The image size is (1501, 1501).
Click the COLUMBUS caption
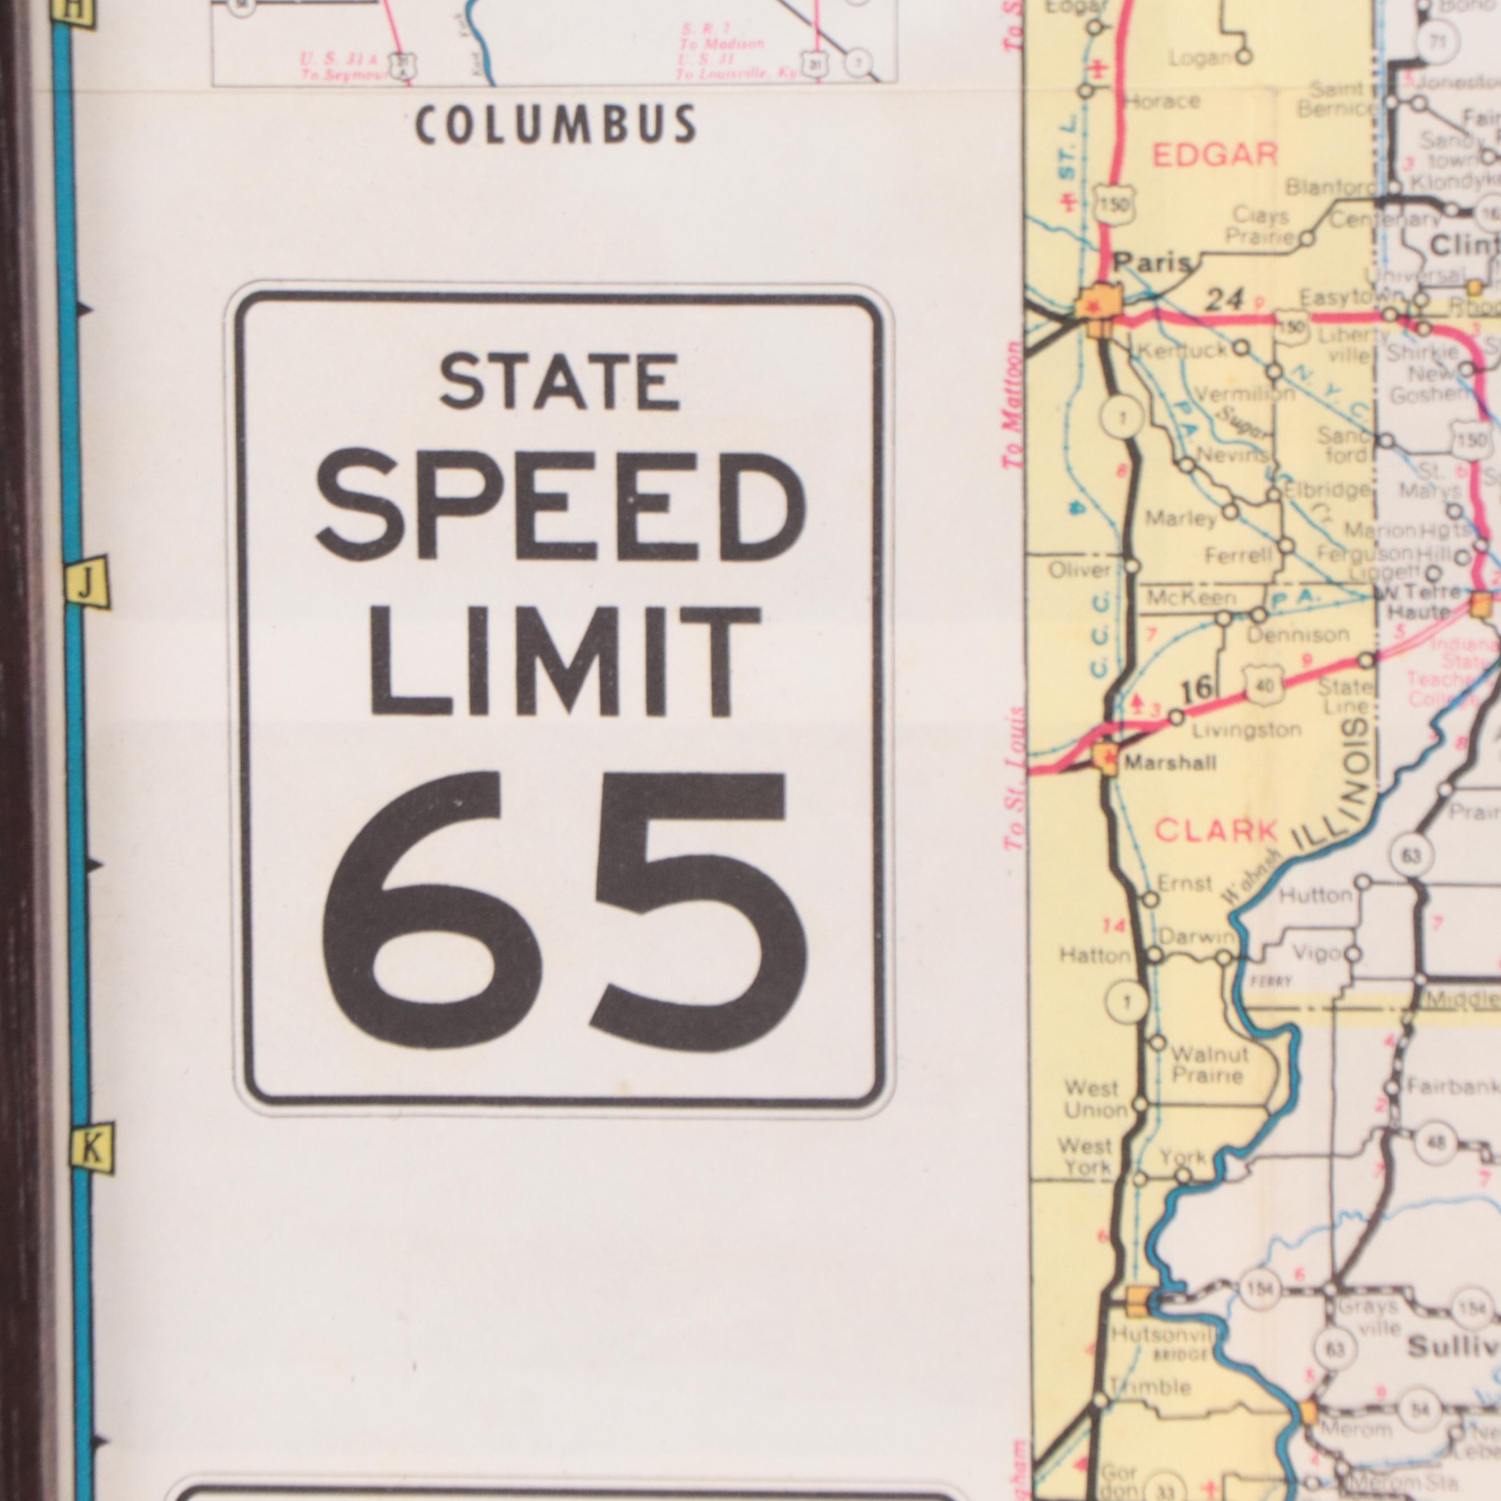point(555,124)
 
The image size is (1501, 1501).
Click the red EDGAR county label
point(1214,155)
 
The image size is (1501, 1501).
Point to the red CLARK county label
point(1216,831)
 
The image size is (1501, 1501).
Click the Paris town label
point(1151,264)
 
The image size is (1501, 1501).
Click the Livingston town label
point(1246,730)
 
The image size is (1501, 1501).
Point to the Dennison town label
point(1298,635)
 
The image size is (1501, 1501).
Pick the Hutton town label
point(1315,895)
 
